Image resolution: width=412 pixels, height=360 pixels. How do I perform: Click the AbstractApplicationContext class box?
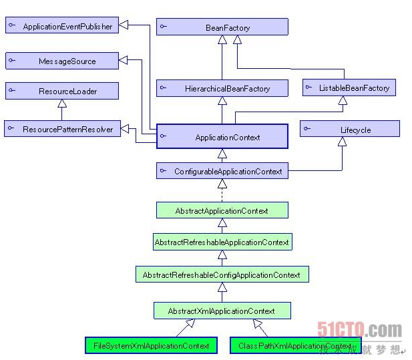pyautogui.click(x=222, y=210)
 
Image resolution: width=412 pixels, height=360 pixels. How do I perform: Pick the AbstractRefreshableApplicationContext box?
pyautogui.click(x=222, y=242)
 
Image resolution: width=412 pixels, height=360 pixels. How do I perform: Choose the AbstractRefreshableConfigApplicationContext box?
pyautogui.click(x=222, y=275)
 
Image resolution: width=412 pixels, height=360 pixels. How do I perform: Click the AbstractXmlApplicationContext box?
pyautogui.click(x=222, y=311)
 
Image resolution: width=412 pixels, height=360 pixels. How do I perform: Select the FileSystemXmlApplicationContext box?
pyautogui.click(x=152, y=345)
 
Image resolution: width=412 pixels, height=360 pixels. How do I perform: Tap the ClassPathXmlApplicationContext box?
pyautogui.click(x=295, y=345)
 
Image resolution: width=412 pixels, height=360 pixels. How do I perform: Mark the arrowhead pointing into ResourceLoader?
pyautogui.click(x=61, y=104)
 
